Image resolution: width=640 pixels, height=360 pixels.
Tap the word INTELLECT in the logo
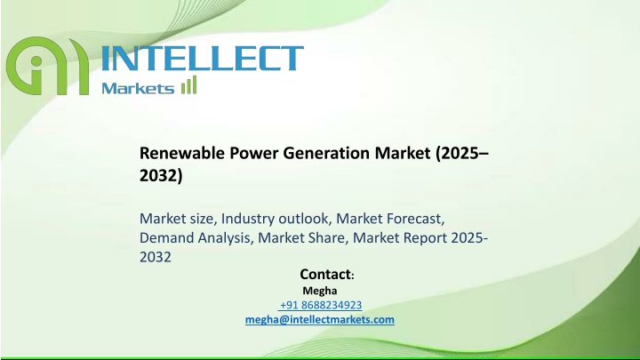[202, 58]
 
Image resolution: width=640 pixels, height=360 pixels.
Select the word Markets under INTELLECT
[138, 88]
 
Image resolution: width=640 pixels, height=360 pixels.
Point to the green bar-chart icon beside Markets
[189, 85]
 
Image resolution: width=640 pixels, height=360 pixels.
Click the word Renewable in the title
[182, 153]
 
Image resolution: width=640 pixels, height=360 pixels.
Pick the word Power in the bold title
[254, 153]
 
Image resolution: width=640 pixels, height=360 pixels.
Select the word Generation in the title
[326, 153]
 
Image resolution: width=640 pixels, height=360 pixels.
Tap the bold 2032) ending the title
[161, 175]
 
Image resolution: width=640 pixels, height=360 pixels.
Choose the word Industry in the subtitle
[248, 219]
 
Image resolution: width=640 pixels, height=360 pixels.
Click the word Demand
[166, 237]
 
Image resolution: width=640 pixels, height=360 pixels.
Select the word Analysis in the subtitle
[226, 238]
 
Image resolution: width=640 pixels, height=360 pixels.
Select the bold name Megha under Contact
[320, 291]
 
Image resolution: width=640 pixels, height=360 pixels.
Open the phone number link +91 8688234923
[320, 305]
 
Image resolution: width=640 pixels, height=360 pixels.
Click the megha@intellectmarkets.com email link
[320, 320]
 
